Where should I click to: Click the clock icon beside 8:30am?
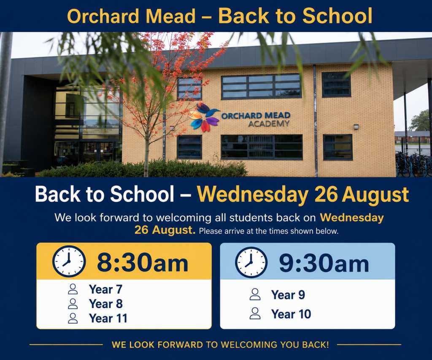[x=69, y=261]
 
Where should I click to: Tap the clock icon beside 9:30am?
[x=251, y=262]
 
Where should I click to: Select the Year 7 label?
[x=105, y=289]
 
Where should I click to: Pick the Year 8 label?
[x=106, y=304]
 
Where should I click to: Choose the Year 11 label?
[x=108, y=318]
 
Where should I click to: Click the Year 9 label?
[x=288, y=295]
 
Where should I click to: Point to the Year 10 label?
[x=291, y=314]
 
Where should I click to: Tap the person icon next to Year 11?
[x=73, y=318]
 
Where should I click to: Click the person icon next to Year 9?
[x=255, y=294]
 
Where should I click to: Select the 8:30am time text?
[x=143, y=262]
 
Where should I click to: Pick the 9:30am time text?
[x=324, y=263]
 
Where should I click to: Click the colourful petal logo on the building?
[x=204, y=117]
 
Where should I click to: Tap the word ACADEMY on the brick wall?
[x=269, y=124]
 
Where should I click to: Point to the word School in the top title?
[x=337, y=16]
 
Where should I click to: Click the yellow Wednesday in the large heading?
[x=253, y=195]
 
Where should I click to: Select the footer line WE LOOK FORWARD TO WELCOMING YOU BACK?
[x=220, y=344]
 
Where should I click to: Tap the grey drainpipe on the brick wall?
[x=315, y=121]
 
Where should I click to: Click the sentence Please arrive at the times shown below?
[x=269, y=231]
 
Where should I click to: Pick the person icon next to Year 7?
[x=73, y=289]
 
